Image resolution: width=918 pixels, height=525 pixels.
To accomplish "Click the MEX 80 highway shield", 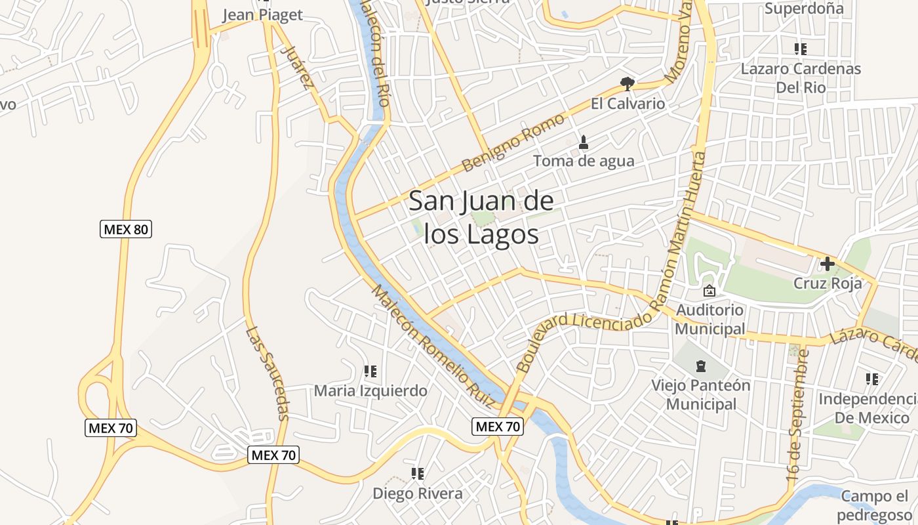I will point(127,229).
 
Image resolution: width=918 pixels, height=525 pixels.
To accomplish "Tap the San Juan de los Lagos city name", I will point(481,217).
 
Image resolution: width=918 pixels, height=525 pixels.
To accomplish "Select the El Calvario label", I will point(628,104).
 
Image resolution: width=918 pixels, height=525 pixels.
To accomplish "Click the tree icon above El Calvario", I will point(628,83).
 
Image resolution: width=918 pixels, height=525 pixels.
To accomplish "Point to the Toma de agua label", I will point(584,161).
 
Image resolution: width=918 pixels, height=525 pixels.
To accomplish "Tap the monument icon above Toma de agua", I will point(584,142).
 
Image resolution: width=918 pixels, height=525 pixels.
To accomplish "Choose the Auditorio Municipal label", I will point(710,319).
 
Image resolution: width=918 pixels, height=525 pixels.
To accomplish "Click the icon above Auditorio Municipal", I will point(709,291).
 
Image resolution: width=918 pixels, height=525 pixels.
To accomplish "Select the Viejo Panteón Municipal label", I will point(701,394).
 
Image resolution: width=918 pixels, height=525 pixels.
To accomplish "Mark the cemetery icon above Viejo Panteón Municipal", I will point(701,366).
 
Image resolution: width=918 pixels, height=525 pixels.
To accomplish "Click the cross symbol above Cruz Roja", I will point(828,264).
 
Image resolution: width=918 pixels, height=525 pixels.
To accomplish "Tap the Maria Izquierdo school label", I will point(370,391).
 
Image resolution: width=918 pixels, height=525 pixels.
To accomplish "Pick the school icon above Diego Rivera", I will point(418,473).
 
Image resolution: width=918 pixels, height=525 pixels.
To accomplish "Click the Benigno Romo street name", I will point(513,142).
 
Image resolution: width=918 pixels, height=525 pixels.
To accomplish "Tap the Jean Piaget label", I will point(262,15).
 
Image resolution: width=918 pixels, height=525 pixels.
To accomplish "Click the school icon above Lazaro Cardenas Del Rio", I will point(800,49).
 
